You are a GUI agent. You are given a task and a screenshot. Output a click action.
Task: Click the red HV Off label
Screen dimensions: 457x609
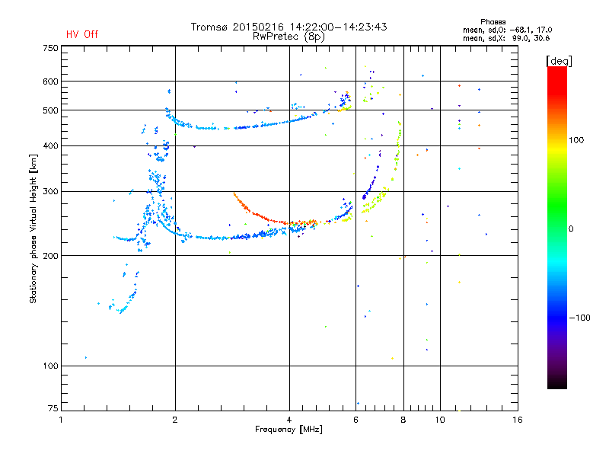pyautogui.click(x=81, y=34)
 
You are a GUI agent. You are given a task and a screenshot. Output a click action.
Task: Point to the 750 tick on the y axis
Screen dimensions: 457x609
pyautogui.click(x=51, y=47)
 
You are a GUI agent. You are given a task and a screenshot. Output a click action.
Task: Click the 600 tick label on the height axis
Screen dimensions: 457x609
pyautogui.click(x=51, y=81)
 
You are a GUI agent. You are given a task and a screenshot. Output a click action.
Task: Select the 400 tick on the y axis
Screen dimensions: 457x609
pyautogui.click(x=51, y=145)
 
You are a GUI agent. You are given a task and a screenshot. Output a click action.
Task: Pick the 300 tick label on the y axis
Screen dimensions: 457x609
pyautogui.click(x=51, y=191)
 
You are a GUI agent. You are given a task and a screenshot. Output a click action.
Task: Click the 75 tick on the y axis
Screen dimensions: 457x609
pyautogui.click(x=53, y=411)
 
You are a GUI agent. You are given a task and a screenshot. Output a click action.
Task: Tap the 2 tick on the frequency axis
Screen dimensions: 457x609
pyautogui.click(x=175, y=419)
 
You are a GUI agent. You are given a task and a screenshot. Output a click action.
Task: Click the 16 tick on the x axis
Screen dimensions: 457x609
pyautogui.click(x=517, y=419)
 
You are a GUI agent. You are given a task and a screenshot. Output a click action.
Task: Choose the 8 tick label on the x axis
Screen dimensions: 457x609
pyautogui.click(x=403, y=419)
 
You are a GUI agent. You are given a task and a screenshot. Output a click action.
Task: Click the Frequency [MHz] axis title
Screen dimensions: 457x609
pyautogui.click(x=289, y=430)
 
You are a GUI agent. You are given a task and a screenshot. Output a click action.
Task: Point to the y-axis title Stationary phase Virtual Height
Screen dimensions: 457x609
pyautogui.click(x=33, y=228)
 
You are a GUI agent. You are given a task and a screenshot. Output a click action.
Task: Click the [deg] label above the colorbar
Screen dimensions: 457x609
pyautogui.click(x=559, y=60)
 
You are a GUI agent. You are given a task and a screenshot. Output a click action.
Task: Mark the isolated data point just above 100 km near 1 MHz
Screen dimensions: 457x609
pyautogui.click(x=86, y=357)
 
